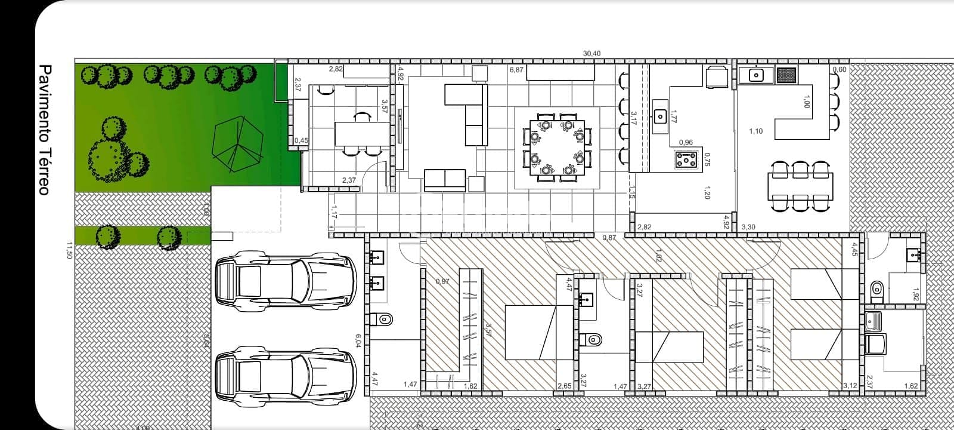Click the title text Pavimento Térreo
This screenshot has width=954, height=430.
44,130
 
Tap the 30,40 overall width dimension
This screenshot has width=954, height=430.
591,54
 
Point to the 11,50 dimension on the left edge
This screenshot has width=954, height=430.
69,250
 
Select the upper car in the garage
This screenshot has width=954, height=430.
286,284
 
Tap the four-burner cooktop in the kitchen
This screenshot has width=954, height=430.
688,159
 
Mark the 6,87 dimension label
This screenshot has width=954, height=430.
516,70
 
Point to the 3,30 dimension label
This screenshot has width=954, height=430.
748,228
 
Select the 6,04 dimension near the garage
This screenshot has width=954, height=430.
358,340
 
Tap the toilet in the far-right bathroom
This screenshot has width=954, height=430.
876,290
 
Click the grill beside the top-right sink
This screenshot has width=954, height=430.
786,75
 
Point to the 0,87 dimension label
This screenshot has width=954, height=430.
609,238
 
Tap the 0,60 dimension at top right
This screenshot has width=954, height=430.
840,70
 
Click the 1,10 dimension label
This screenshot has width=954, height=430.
756,131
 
